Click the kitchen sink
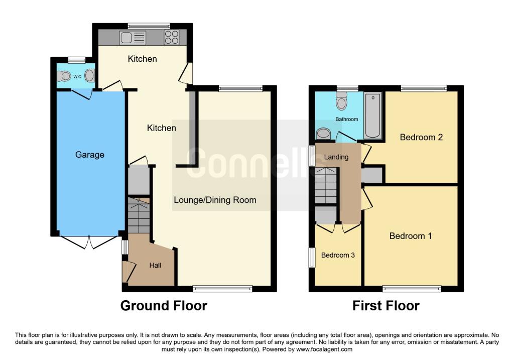click(133, 38)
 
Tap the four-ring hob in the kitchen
click(172, 37)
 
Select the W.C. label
click(78, 77)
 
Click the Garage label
click(90, 155)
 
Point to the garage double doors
click(88, 242)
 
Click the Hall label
click(155, 265)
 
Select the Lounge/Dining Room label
click(215, 200)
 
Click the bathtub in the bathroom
click(373, 115)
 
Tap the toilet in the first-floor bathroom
click(341, 100)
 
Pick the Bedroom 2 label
click(421, 137)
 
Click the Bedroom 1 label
click(411, 236)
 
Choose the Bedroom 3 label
click(338, 255)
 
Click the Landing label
click(336, 157)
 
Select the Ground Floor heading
click(164, 306)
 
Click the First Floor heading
click(386, 306)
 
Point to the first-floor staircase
click(326, 186)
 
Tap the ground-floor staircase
click(139, 215)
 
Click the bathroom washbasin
click(324, 134)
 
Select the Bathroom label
click(346, 119)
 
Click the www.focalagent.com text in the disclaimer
click(324, 349)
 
